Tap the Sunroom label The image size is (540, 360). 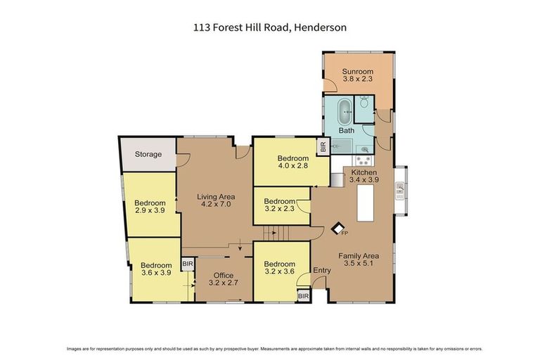pyautogui.click(x=357, y=72)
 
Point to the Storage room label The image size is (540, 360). pyautogui.click(x=148, y=154)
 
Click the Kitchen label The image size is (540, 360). pyautogui.click(x=364, y=172)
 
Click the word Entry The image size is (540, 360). pyautogui.click(x=321, y=271)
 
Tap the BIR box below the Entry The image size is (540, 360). pyautogui.click(x=303, y=296)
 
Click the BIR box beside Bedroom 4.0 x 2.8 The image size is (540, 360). pyautogui.click(x=323, y=148)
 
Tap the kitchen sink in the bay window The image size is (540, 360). pyautogui.click(x=400, y=188)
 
